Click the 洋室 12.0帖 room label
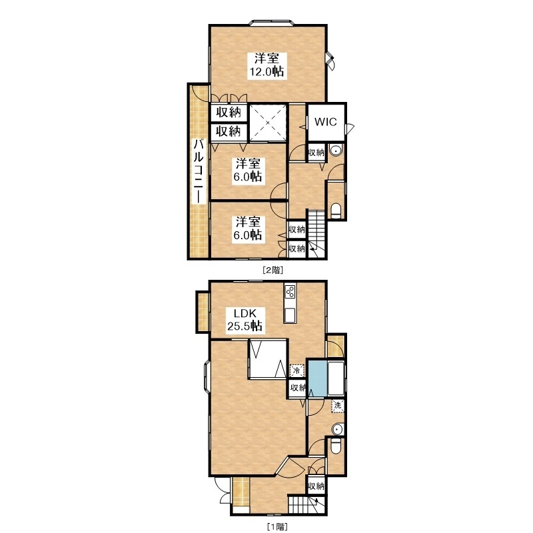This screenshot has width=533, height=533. click(267, 65)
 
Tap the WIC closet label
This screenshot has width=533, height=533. click(325, 122)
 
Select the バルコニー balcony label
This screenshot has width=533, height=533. click(199, 171)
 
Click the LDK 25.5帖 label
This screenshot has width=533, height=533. click(245, 320)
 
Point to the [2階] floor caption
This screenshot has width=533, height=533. click(272, 270)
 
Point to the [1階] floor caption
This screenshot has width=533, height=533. click(277, 527)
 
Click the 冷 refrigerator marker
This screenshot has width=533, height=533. click(296, 370)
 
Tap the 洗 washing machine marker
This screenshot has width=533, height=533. click(338, 406)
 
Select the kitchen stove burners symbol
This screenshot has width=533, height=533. click(290, 290)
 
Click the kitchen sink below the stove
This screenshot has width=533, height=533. click(290, 315)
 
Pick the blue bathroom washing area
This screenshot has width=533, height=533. click(318, 378)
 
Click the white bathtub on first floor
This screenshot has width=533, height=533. click(336, 378)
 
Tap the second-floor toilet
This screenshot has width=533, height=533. click(336, 211)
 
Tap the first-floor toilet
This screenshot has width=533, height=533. click(336, 446)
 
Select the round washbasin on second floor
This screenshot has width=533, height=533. click(336, 151)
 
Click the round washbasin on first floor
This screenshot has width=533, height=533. click(337, 429)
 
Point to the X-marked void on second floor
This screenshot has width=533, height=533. click(268, 123)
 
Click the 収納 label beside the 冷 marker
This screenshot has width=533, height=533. click(298, 388)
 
